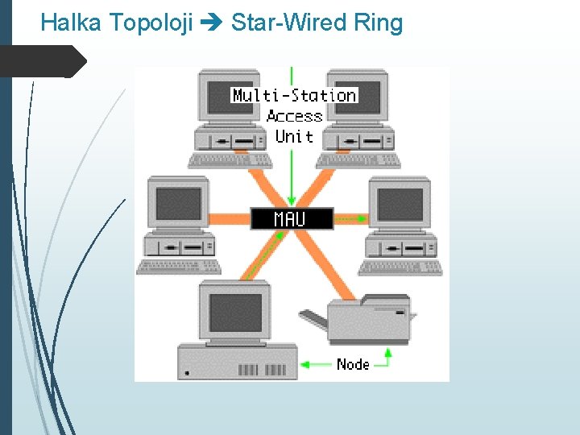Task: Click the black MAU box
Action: coord(291,218)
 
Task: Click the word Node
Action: coord(353,364)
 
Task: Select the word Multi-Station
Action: coord(294,95)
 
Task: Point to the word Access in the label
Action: coord(294,116)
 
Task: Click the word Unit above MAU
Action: coord(294,136)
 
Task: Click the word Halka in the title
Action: coord(71,23)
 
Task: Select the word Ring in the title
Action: coord(378,23)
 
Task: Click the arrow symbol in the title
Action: coord(212,23)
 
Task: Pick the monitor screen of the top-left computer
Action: coord(227,97)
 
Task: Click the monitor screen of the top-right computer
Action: coord(360,97)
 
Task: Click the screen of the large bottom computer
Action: coord(235,313)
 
